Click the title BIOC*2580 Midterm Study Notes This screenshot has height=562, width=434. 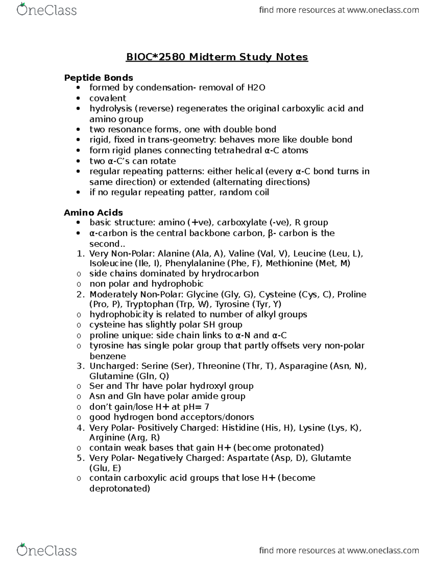point(217,57)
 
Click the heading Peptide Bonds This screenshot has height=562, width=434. point(98,78)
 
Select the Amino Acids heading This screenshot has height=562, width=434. point(93,212)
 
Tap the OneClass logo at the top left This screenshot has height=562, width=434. point(47,10)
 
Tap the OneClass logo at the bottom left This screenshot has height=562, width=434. point(47,550)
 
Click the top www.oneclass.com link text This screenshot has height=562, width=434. point(383,10)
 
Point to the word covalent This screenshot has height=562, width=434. point(108,98)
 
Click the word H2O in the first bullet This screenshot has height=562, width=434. point(256,88)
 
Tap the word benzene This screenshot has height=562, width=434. point(108,356)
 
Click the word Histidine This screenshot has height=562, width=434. point(240,428)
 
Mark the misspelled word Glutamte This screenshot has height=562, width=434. point(331,458)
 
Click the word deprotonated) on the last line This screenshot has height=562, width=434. point(120,489)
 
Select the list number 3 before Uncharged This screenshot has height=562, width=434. point(80,366)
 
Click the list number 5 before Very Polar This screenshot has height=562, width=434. point(80,458)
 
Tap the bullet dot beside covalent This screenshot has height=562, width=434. point(78,98)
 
